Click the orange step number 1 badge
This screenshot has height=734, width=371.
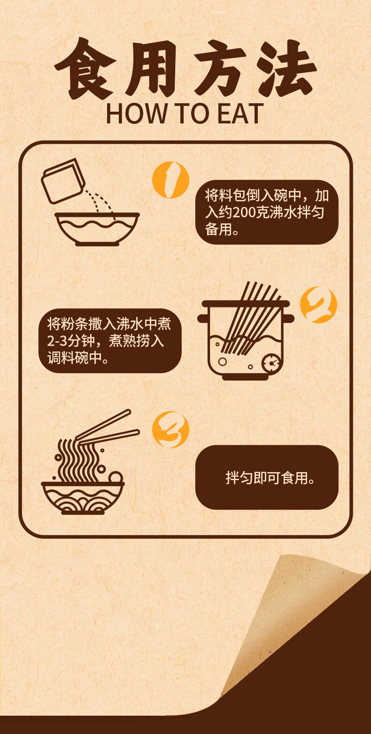170,179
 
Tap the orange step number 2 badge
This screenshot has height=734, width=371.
318,305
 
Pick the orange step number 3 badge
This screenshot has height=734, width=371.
170,429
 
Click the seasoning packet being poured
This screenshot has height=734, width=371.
63,181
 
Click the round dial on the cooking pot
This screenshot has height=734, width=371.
270,363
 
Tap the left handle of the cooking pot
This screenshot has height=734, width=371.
203,319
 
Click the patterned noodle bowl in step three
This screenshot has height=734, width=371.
83,497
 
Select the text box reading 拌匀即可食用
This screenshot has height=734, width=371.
267,477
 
